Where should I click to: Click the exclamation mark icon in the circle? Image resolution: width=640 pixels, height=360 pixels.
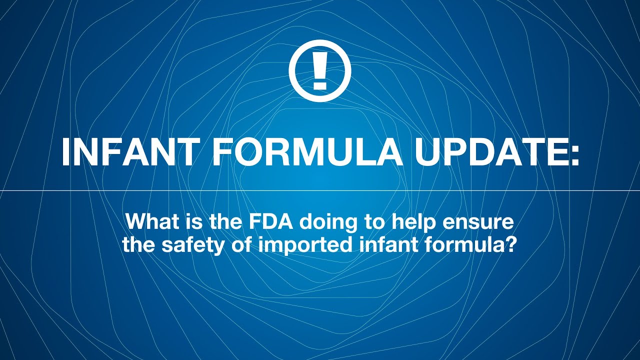tap(320, 70)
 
